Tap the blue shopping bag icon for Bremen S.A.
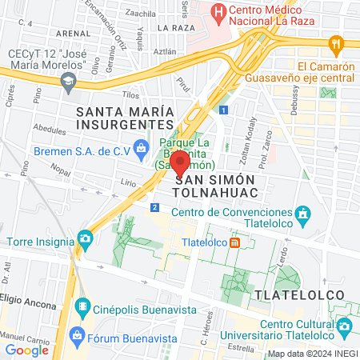(x=141, y=147)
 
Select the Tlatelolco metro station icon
(x=234, y=242)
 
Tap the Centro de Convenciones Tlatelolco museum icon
(x=302, y=214)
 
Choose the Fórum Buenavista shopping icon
(x=77, y=334)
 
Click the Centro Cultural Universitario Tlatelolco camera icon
(x=344, y=326)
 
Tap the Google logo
(x=27, y=350)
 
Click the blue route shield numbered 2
(x=153, y=208)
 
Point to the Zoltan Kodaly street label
(x=246, y=138)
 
